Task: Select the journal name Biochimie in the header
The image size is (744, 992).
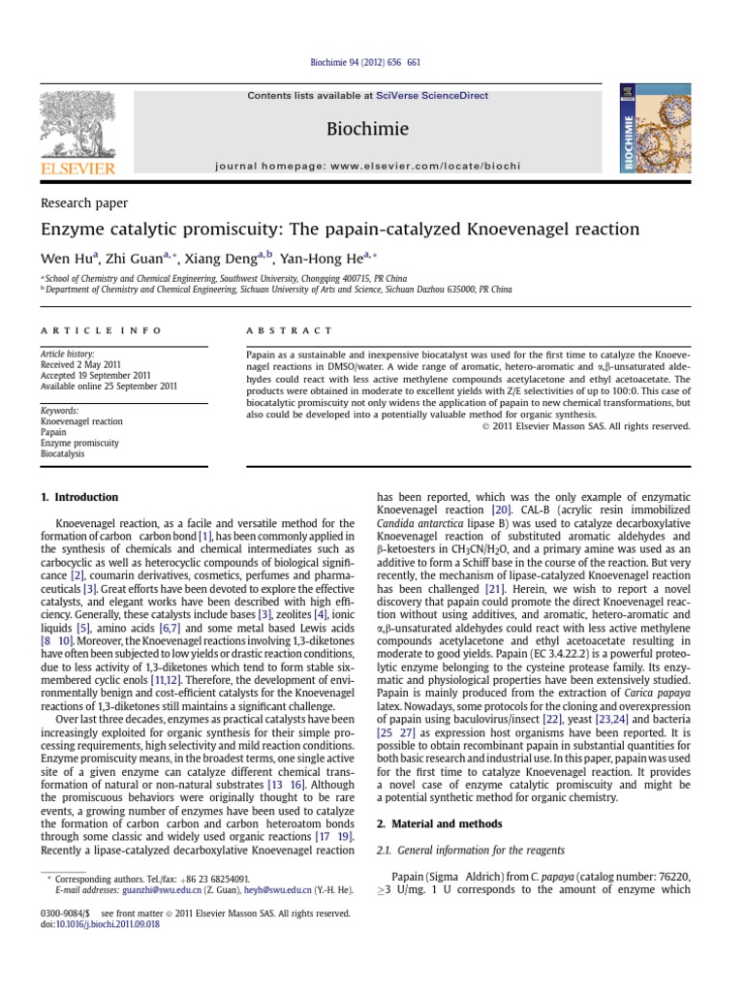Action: [371, 129]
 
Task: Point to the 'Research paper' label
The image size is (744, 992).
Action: [84, 202]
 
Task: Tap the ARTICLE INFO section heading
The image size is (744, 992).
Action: [100, 330]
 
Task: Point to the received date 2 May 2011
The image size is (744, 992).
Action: [96, 365]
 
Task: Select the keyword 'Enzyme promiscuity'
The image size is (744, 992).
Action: [79, 442]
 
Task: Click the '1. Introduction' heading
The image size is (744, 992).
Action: [79, 497]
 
